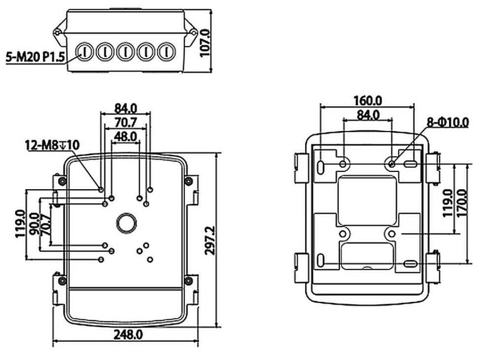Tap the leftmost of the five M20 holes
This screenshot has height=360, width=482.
tap(86, 52)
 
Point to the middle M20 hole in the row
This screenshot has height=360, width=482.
tap(125, 52)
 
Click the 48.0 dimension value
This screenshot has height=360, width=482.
tap(125, 136)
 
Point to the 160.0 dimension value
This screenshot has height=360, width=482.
tap(368, 100)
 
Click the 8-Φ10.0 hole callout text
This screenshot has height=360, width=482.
tap(448, 122)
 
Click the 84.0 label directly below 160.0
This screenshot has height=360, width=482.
tap(368, 115)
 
